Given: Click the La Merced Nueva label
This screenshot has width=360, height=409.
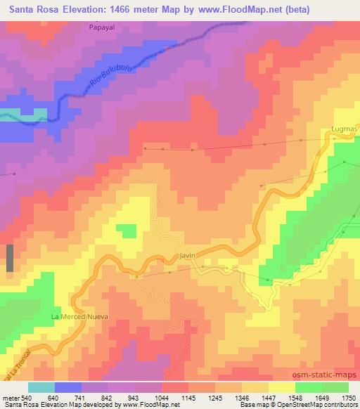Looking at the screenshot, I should pos(79,317).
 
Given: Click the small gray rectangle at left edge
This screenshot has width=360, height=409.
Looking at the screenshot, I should pos(10,259).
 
